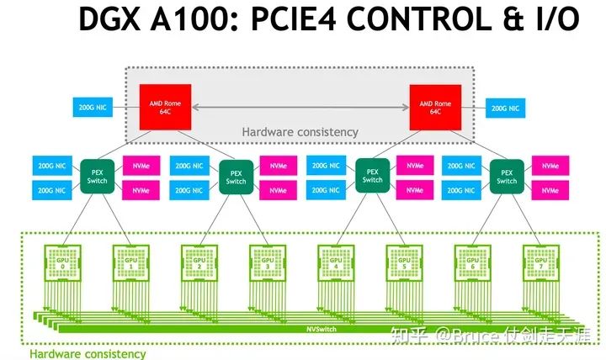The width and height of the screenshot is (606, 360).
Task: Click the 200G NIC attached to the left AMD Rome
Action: coord(91,108)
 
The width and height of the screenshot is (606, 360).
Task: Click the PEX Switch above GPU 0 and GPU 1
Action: coord(98,176)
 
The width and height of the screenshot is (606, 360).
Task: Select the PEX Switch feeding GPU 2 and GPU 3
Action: coord(236,177)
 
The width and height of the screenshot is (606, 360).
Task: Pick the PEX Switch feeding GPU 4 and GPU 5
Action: coord(372,176)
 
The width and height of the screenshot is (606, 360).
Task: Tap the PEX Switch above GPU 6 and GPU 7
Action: coord(507,176)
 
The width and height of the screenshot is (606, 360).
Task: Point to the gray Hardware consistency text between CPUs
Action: coord(300,132)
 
